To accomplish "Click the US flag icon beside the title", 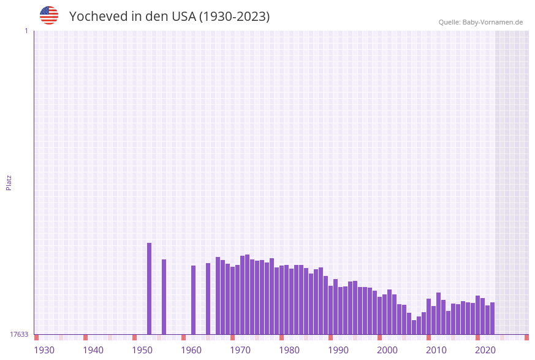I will pos(49,15).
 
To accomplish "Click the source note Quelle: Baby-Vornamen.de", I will pos(480,22).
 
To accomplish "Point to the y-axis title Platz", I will pos(9,182).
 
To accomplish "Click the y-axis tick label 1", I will pos(26,31).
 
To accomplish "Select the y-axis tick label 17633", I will pos(19,334).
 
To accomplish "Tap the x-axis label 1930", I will pos(44,350).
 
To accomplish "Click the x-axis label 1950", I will pos(142,350).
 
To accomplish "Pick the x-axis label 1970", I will pos(240,350).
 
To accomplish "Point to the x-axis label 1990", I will pos(338,350).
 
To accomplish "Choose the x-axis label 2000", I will pos(387,350).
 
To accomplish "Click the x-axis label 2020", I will pos(485,350).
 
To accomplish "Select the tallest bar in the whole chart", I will pos(149,288).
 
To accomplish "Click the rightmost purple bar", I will pos(492,318).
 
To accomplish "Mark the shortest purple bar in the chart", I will pos(414,327).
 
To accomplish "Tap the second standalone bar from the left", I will pos(164,297).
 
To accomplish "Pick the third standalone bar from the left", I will pos(193,300).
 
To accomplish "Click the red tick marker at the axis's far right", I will pos(526,337).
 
